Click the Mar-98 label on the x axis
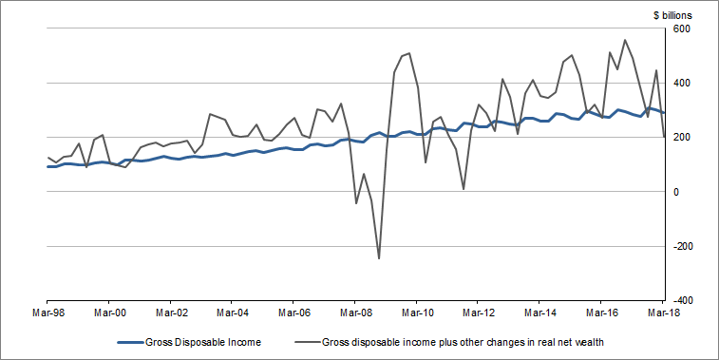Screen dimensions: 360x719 coord(47,311)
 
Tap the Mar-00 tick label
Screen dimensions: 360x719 coord(109,311)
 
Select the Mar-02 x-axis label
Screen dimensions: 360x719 coord(171,311)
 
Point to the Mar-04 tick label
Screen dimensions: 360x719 coord(232,311)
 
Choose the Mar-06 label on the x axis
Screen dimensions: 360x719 coord(293,311)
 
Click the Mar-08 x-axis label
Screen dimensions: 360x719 coord(355,311)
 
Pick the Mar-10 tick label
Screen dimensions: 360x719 coord(417,311)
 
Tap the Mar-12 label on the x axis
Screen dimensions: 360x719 coord(478,311)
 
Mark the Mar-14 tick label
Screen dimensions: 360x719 coord(539,311)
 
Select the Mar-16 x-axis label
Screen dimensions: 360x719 coord(601,311)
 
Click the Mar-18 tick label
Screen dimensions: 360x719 coord(663,311)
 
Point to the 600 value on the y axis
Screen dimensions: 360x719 coord(683,29)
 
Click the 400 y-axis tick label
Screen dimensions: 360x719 coord(683,84)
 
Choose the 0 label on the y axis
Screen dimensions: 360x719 coord(677,192)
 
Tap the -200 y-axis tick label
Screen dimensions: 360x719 coord(685,246)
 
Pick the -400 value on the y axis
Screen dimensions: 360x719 coord(685,300)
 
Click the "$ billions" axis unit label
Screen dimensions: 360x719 coord(672,15)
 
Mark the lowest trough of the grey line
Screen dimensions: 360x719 coord(379,257)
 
